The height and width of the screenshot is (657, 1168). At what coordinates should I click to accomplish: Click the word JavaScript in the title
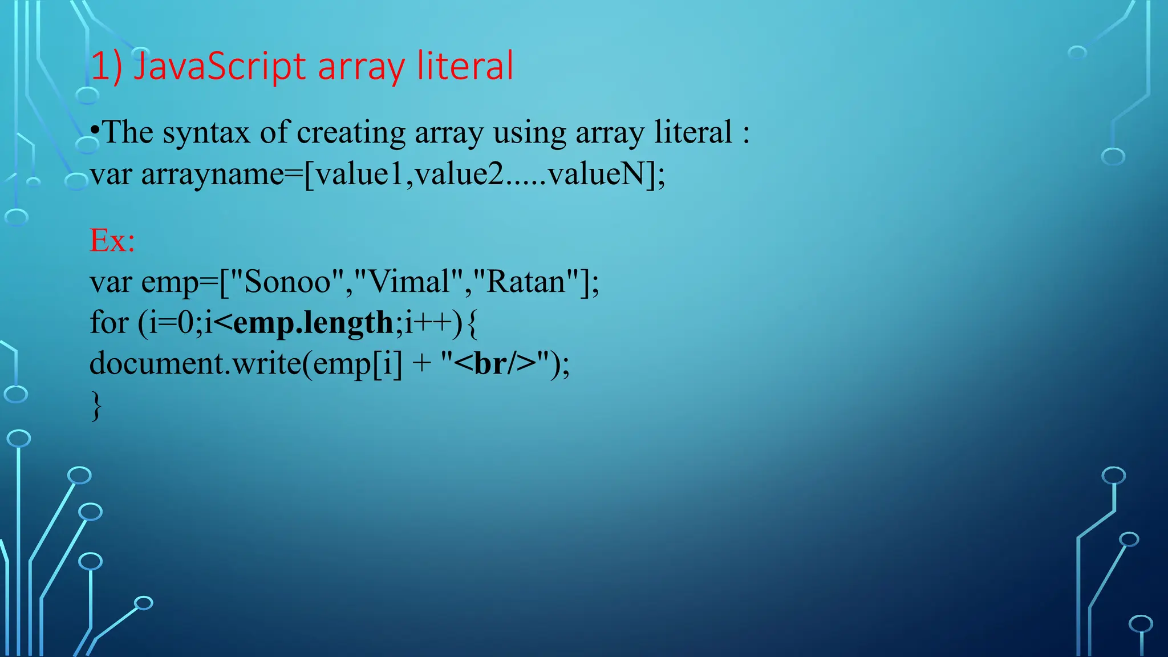[220, 66]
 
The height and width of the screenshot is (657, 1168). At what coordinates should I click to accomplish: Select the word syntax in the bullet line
[206, 132]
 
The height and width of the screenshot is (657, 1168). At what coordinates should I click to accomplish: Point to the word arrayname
[212, 174]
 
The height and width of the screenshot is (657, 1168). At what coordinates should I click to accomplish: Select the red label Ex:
[112, 240]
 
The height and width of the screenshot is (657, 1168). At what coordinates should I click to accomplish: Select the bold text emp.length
[313, 323]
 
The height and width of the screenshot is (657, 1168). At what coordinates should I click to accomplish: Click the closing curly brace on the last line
[96, 405]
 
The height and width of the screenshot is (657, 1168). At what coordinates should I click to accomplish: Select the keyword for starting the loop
[108, 323]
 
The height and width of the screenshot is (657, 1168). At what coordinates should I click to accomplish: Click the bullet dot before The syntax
[95, 131]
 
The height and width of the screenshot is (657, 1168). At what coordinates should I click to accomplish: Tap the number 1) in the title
[106, 66]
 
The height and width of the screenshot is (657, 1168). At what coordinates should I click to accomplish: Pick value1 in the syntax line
[359, 174]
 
